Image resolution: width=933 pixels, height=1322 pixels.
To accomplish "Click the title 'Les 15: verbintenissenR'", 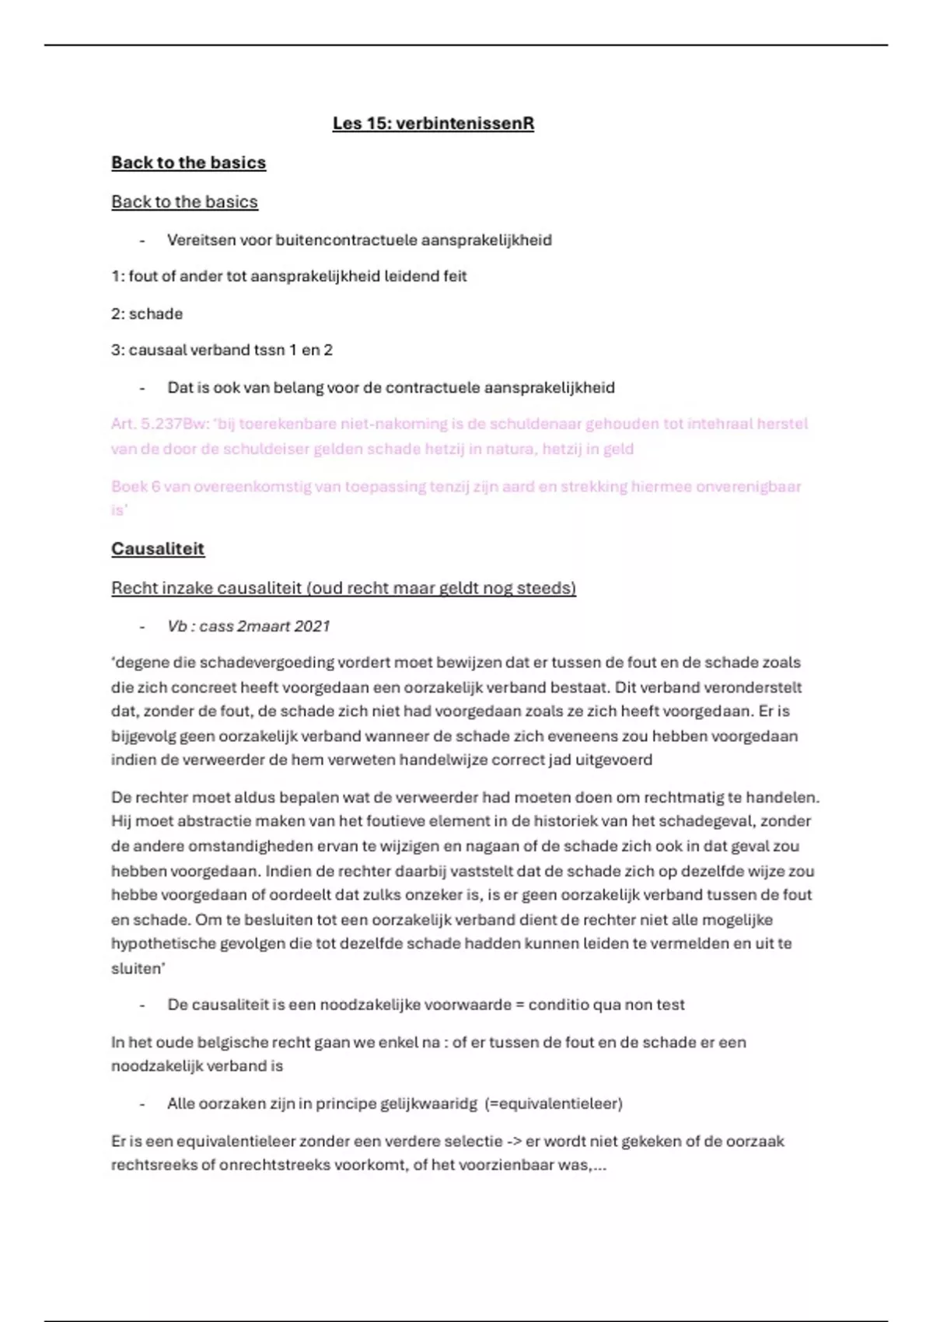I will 433,124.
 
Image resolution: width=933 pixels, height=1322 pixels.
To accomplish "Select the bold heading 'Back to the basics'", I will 188,163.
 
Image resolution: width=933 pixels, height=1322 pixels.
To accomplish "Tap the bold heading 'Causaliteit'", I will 158,549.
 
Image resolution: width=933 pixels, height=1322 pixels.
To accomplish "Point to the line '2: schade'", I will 147,314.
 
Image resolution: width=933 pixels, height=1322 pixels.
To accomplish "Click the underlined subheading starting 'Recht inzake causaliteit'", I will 343,588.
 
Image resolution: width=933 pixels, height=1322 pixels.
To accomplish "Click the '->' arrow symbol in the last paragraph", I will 514,1142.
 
